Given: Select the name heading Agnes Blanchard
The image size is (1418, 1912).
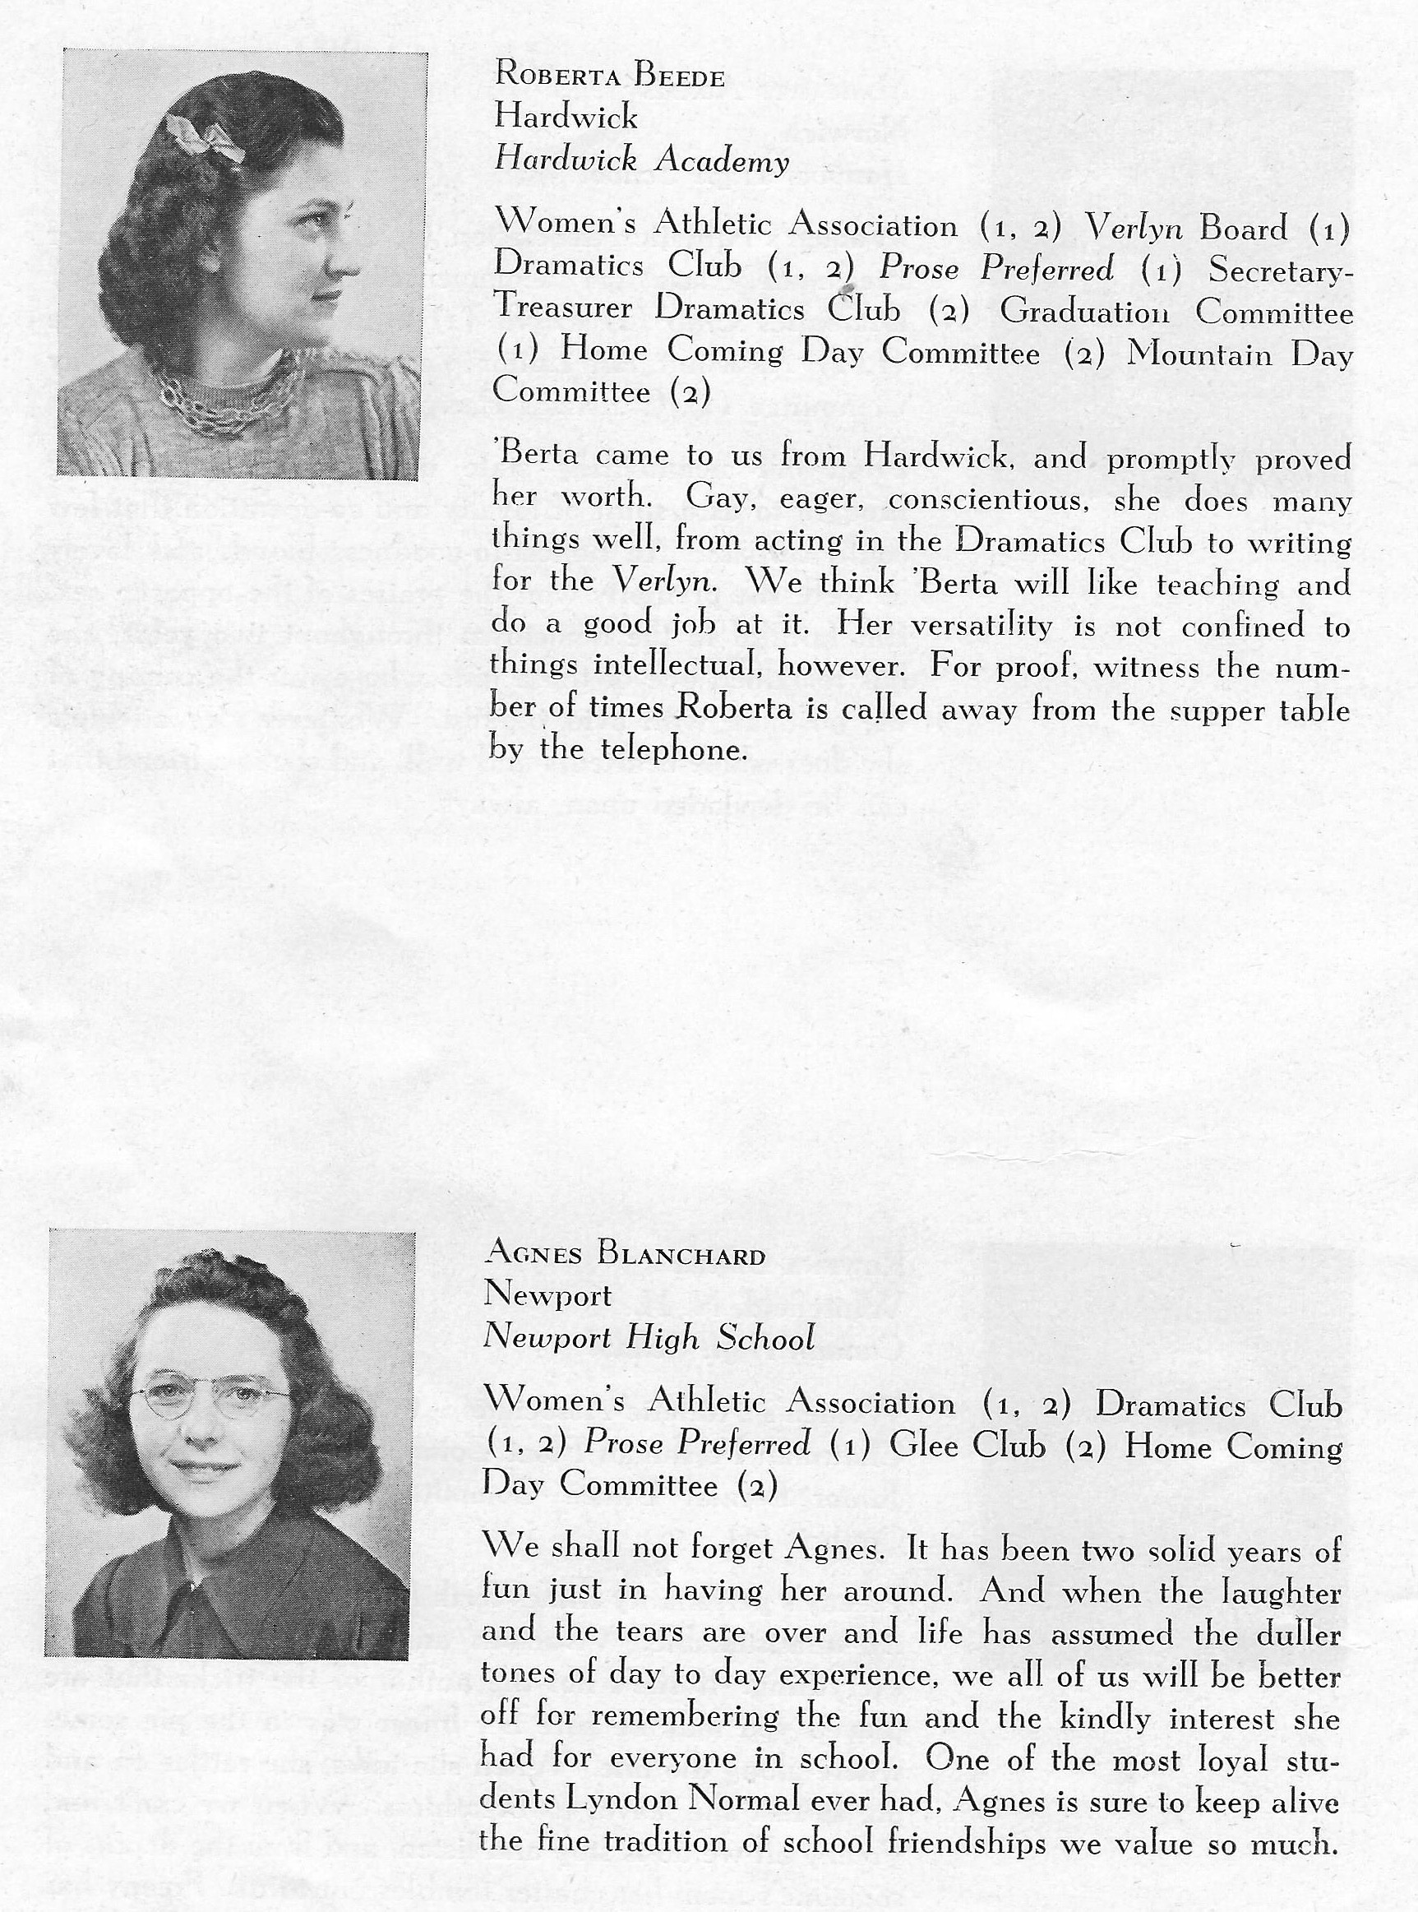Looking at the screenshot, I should pos(624,1255).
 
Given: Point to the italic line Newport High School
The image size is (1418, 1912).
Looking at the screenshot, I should pos(648,1338).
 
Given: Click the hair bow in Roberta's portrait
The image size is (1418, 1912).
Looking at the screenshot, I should pos(206,137).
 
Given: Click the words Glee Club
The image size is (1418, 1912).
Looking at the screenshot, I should pos(968,1446).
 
